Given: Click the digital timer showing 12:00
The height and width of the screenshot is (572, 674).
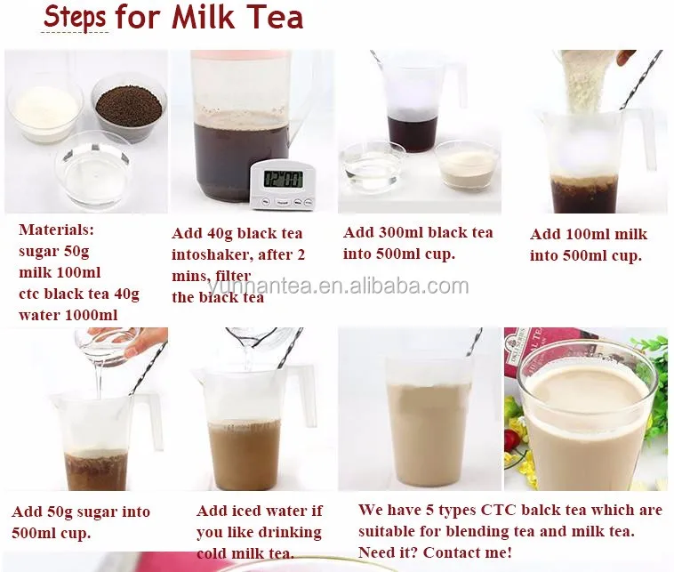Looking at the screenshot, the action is point(284,185).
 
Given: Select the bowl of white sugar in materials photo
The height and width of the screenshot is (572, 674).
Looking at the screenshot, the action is point(45,112).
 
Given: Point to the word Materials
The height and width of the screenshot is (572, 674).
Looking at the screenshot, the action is point(56,230).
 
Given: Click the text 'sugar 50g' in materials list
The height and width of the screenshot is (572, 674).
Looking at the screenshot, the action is point(54,252).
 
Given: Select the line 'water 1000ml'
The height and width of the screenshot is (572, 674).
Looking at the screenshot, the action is point(68,315).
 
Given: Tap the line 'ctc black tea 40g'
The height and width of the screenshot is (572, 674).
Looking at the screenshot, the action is point(79,294).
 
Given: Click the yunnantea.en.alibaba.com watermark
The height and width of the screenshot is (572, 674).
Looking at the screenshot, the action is point(338,286).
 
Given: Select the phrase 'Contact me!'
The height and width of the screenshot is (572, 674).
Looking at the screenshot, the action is point(467,552).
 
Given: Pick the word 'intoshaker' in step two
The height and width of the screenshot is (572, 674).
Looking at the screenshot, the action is point(213,255).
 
